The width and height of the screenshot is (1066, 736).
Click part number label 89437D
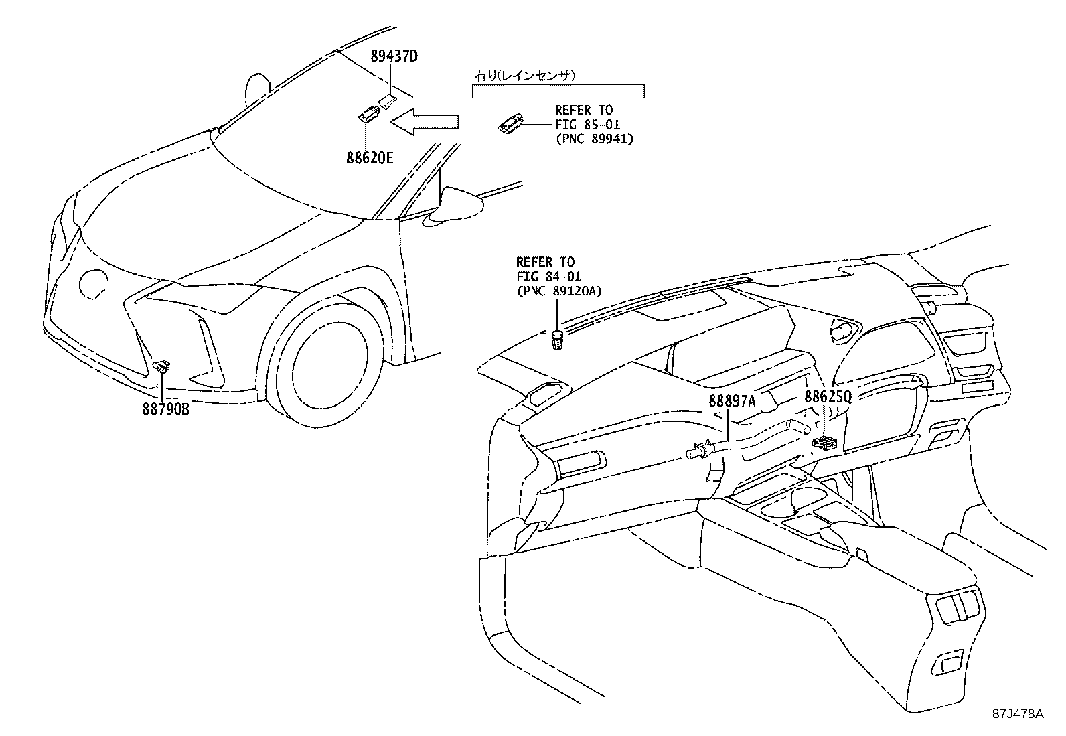click(394, 56)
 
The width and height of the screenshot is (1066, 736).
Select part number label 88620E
click(370, 158)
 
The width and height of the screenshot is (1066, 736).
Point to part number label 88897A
click(733, 400)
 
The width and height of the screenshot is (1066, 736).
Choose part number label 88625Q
click(828, 396)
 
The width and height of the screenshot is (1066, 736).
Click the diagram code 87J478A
click(1018, 713)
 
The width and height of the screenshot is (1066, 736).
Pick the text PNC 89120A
click(560, 291)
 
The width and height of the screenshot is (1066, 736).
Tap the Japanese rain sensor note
click(526, 76)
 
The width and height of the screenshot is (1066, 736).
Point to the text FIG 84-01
click(548, 276)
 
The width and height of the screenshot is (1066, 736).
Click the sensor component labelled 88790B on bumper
click(161, 366)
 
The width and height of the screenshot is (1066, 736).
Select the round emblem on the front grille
click(92, 283)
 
